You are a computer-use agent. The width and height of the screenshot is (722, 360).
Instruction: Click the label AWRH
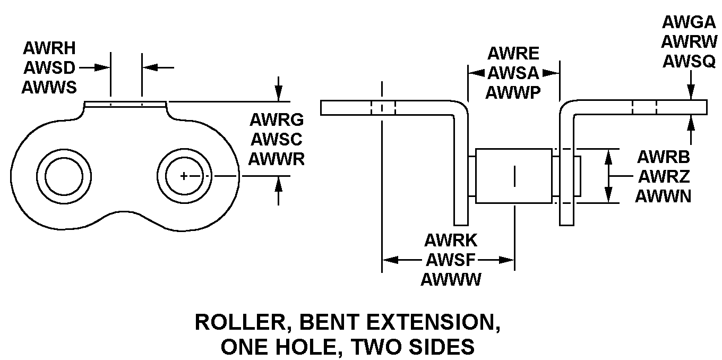[x=49, y=48]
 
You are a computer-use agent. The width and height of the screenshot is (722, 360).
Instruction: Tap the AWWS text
[x=49, y=87]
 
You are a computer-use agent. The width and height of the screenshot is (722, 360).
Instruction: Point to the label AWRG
[x=276, y=120]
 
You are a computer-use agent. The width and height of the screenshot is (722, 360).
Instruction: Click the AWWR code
[x=276, y=159]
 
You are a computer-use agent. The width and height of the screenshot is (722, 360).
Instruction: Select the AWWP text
[x=513, y=92]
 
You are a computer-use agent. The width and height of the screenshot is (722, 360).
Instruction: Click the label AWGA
[x=689, y=23]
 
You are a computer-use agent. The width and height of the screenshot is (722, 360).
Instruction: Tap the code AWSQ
[x=689, y=62]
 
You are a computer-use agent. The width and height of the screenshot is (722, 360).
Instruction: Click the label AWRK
[x=451, y=240]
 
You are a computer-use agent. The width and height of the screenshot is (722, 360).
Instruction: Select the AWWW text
[x=451, y=279]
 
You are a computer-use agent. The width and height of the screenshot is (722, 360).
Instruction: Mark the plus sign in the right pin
[x=184, y=176]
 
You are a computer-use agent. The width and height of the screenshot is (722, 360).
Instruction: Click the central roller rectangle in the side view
[x=513, y=176]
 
